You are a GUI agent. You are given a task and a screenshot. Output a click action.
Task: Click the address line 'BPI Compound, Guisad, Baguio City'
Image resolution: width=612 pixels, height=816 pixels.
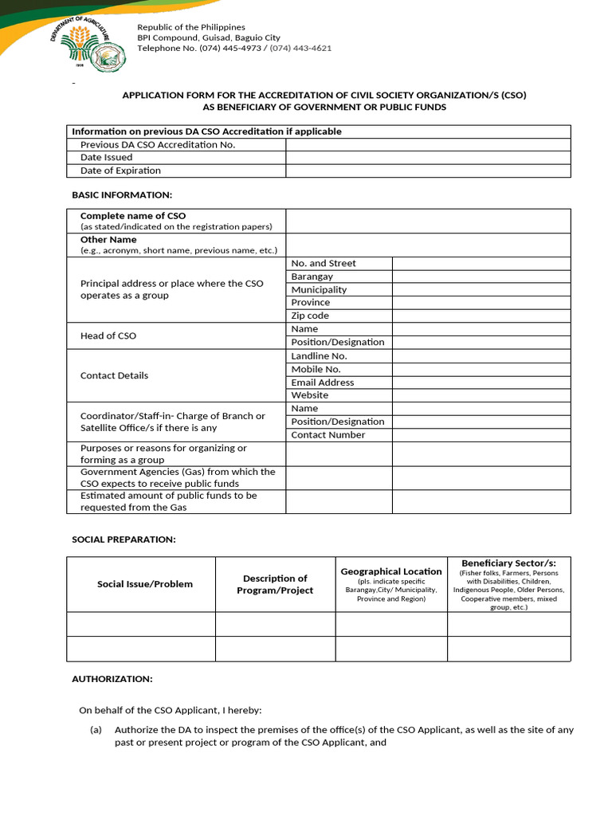tap(209, 37)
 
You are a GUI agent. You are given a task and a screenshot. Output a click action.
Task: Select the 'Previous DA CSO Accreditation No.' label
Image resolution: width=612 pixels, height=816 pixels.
tap(158, 144)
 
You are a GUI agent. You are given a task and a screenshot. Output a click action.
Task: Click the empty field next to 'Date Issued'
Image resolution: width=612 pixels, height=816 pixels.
tap(428, 158)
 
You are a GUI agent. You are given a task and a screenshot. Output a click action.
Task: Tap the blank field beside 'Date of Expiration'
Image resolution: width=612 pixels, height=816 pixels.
tap(428, 171)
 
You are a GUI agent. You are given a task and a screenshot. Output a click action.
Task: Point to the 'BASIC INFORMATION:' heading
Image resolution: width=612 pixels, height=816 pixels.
tap(122, 195)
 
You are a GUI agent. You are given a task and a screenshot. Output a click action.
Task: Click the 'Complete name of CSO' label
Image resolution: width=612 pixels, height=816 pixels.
tap(133, 216)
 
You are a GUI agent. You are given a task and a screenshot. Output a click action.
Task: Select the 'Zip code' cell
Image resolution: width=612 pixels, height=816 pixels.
tap(310, 316)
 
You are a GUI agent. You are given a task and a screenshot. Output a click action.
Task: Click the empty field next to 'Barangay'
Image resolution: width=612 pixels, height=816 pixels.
tap(481, 277)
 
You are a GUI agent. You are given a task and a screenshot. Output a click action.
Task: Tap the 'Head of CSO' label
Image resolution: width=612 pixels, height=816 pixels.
tap(108, 335)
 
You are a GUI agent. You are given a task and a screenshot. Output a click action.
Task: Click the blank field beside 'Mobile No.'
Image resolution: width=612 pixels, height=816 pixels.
tap(481, 369)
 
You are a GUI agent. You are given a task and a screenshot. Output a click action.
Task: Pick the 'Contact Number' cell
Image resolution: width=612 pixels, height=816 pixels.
tap(328, 435)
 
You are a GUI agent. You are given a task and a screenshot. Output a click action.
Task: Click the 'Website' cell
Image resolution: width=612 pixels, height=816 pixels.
tap(310, 395)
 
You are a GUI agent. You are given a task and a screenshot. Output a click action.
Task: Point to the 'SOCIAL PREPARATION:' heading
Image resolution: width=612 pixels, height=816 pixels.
tap(124, 539)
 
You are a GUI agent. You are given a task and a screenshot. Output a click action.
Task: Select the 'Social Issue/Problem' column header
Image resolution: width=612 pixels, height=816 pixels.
tap(145, 584)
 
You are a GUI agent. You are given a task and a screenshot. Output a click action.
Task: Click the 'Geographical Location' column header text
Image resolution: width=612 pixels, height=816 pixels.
tap(391, 571)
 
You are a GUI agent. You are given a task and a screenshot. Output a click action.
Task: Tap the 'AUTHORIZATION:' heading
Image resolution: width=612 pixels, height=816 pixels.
tap(112, 679)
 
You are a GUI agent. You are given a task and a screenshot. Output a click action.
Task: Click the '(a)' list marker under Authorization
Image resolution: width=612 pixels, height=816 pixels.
tap(96, 730)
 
